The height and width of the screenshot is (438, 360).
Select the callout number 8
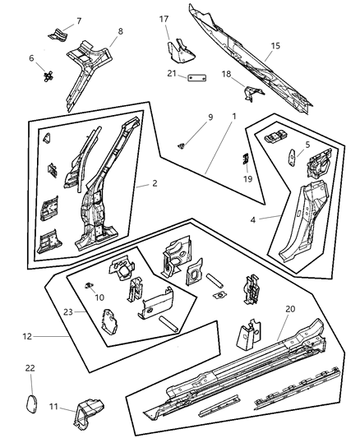tap(121, 32)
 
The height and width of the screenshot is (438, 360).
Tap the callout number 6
tap(32, 58)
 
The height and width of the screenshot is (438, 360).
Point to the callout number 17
tap(164, 19)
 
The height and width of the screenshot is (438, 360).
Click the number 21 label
tap(171, 74)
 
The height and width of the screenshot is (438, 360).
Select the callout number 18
tap(224, 74)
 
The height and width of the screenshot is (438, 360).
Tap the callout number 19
tap(247, 178)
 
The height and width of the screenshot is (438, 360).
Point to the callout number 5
tap(308, 145)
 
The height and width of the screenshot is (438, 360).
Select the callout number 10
tap(100, 297)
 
